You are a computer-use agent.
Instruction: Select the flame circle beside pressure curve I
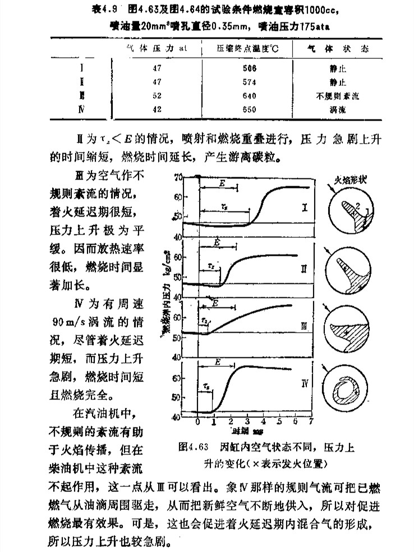tap(350, 211)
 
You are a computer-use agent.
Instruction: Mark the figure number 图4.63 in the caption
tap(194, 447)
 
